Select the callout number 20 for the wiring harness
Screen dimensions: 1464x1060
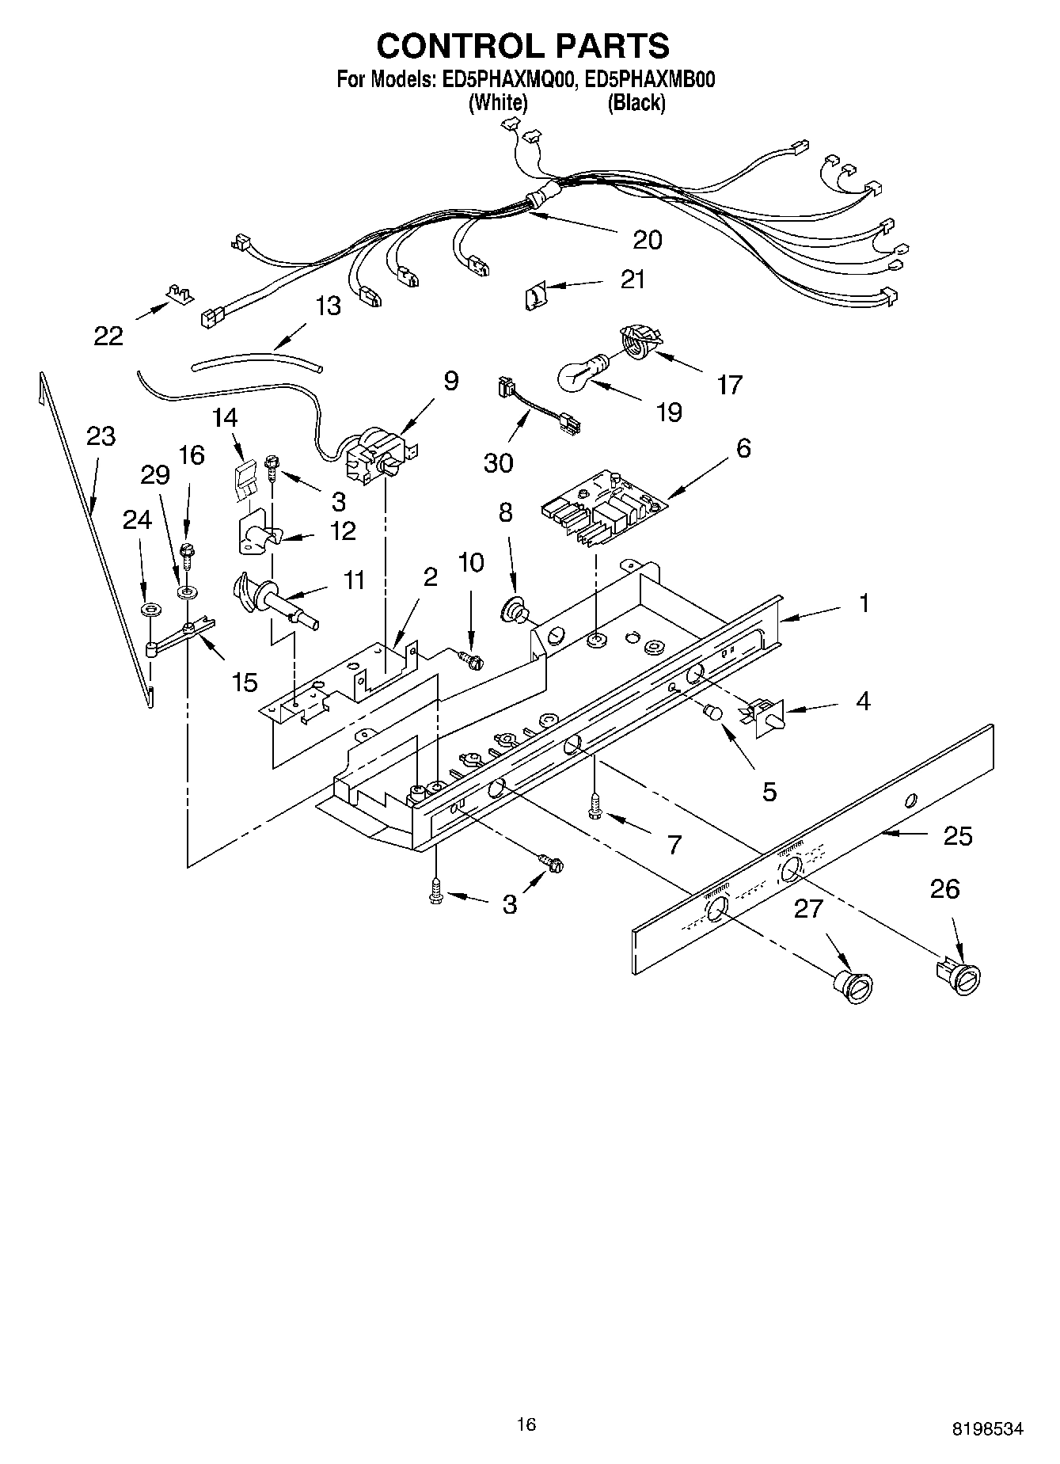648,239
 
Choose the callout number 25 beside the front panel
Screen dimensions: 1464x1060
958,836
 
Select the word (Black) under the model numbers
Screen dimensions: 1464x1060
636,103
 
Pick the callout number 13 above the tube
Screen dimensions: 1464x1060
328,306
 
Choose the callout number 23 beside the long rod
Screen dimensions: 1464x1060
101,436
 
